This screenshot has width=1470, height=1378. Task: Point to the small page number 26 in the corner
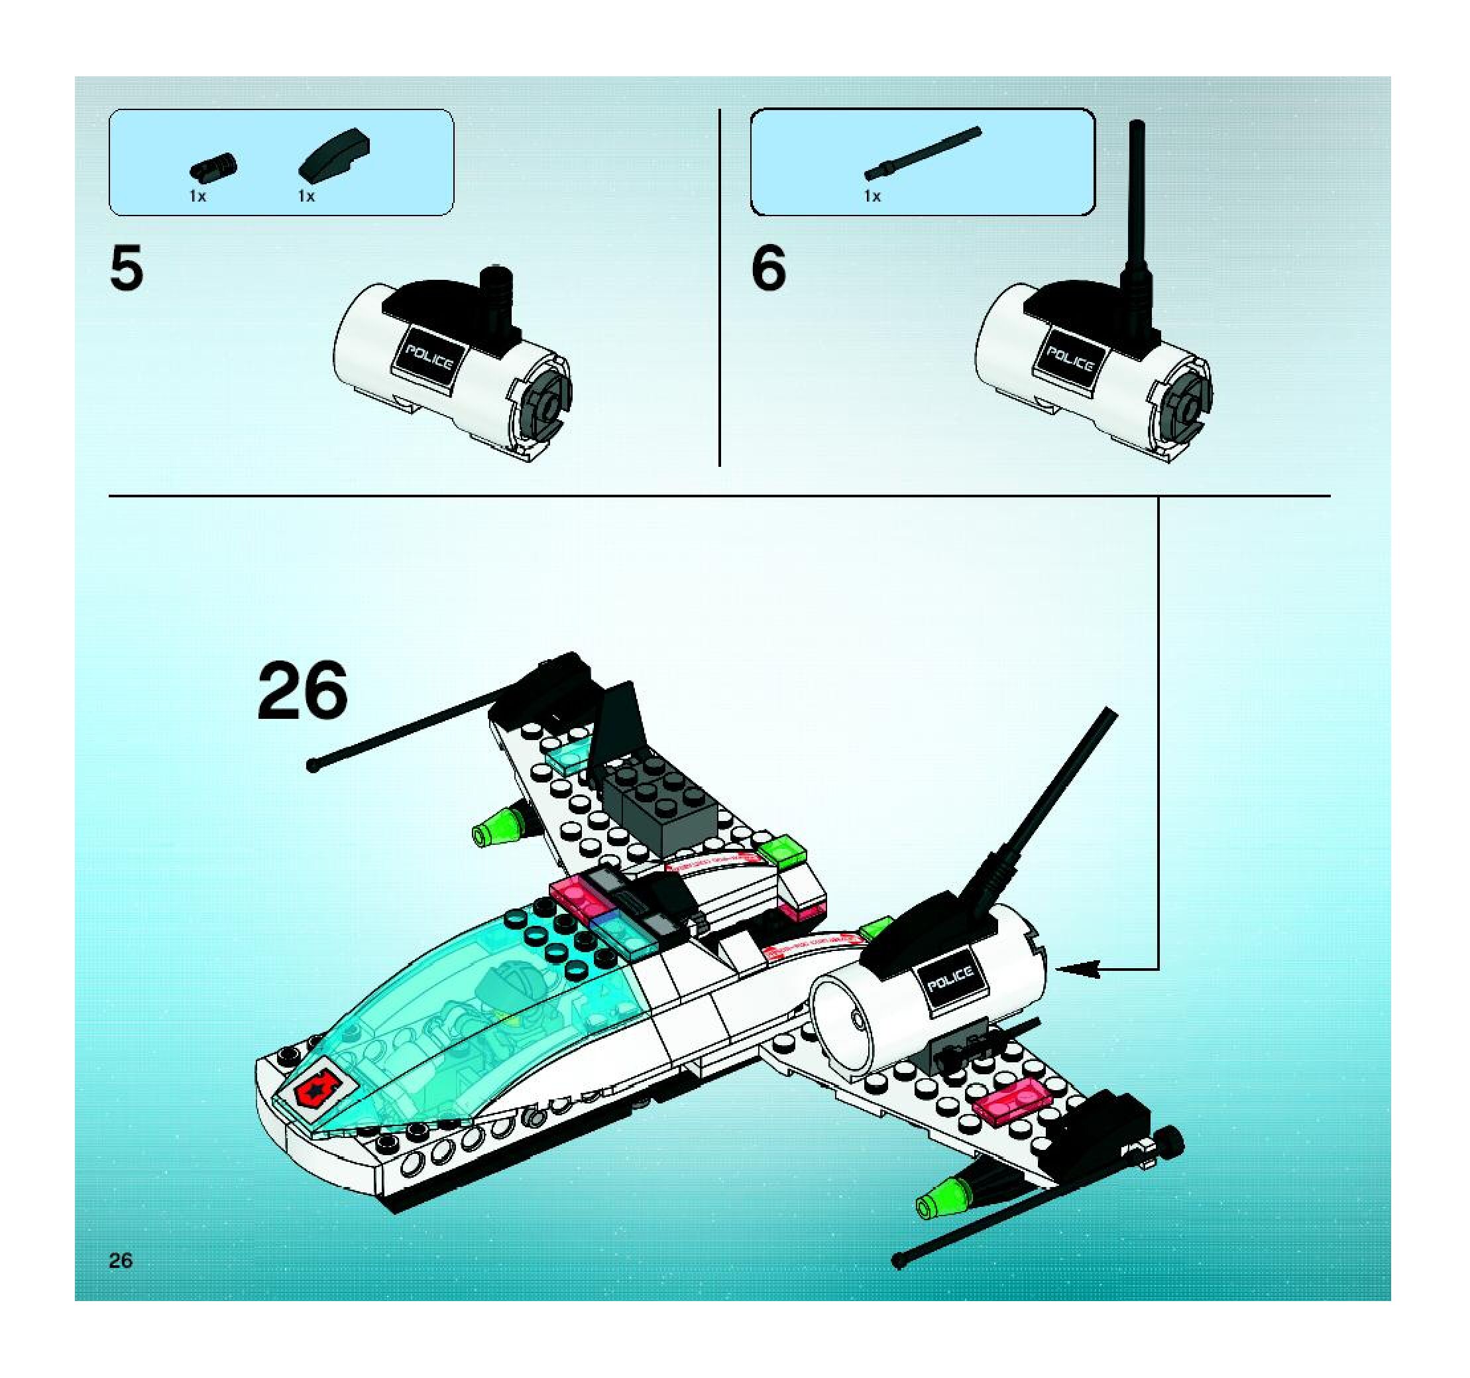point(121,1261)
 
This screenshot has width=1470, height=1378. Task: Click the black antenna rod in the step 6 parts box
point(922,154)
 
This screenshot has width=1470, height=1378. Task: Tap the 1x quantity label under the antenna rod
point(873,196)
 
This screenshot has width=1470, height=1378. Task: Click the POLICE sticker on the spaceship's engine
point(950,979)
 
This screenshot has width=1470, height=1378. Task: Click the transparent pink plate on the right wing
point(1011,1101)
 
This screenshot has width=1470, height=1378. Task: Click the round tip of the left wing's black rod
point(313,767)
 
